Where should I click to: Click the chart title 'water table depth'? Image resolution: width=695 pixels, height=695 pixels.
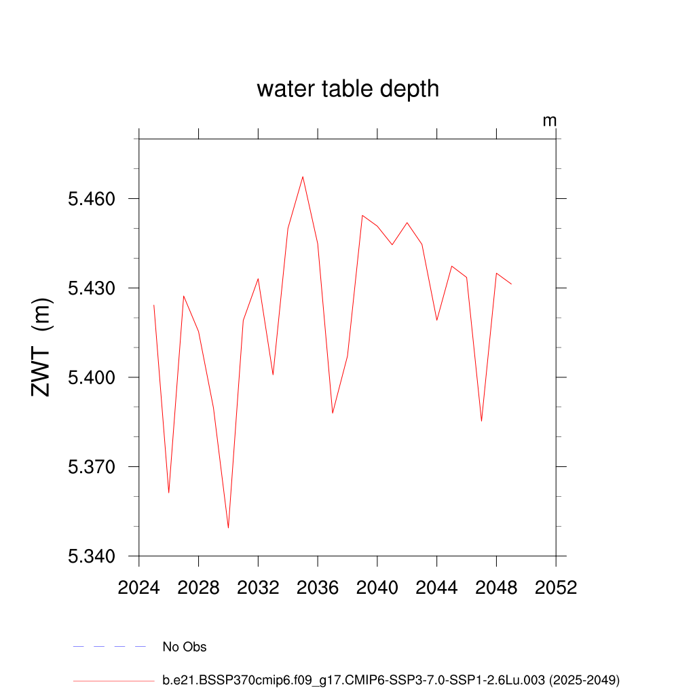coord(347,89)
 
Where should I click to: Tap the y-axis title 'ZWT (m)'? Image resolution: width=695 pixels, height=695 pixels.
coord(41,347)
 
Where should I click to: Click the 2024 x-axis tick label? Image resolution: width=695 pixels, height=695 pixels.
coord(139,588)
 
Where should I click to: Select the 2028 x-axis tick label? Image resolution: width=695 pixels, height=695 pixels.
coord(198,588)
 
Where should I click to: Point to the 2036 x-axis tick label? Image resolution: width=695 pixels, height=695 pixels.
coord(318,588)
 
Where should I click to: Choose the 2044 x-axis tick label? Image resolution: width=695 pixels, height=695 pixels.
coord(437,588)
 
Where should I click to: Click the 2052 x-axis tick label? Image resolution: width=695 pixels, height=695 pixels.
coord(556,588)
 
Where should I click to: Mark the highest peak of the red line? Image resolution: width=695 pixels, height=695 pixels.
coord(303,176)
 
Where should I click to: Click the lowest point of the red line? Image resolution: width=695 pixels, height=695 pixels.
coord(228,527)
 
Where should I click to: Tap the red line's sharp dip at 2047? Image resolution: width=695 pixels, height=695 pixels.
coord(481,421)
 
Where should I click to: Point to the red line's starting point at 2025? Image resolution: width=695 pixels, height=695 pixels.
coord(154,305)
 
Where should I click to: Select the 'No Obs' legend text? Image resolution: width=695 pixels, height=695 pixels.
coord(185,647)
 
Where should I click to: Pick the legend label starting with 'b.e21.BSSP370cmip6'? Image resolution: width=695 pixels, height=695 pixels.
coord(391,679)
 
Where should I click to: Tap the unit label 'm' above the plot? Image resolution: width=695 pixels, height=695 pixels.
coord(549,121)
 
